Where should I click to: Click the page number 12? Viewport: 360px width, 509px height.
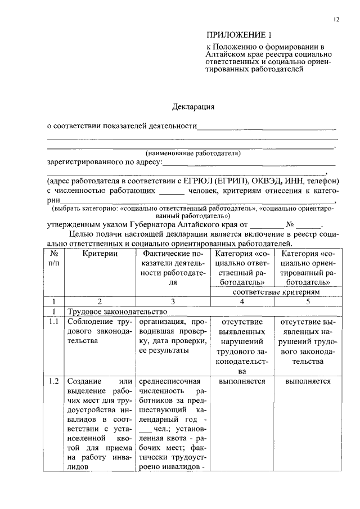pos(336,20)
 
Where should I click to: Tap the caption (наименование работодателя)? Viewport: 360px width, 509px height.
pos(193,153)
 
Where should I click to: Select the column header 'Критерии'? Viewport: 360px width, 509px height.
pos(100,254)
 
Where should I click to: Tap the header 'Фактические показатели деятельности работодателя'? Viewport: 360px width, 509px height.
pos(173,268)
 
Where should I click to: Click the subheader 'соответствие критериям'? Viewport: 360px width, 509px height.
pos(276,292)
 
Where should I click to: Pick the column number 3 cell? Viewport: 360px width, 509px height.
pos(173,301)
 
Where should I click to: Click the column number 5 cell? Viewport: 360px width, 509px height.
pos(308,301)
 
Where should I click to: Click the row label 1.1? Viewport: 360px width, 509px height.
pos(53,322)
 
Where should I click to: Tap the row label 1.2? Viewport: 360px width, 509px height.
pos(53,382)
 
